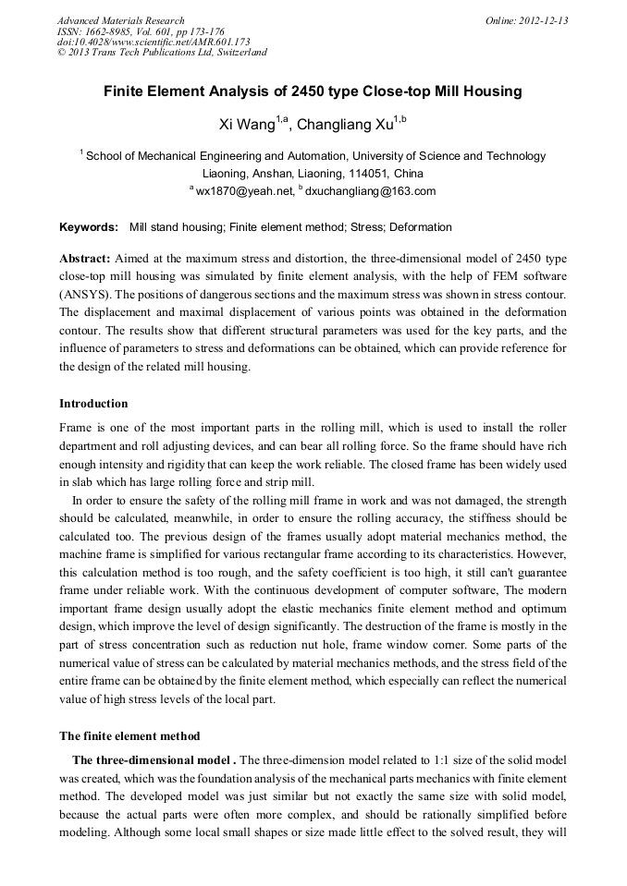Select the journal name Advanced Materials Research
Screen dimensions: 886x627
120,20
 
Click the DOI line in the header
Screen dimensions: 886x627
154,42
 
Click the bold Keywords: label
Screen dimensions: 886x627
89,227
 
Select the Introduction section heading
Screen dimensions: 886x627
93,404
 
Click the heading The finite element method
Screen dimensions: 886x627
129,736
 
